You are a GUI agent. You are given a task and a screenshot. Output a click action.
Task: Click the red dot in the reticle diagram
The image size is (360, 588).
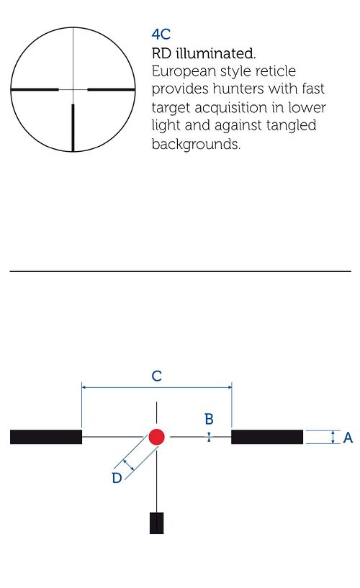point(156,437)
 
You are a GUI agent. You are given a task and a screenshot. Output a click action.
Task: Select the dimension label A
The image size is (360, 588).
point(348,438)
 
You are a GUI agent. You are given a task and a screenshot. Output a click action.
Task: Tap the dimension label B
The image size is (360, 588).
point(209,419)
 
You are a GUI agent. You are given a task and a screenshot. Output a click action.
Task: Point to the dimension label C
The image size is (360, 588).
point(157,376)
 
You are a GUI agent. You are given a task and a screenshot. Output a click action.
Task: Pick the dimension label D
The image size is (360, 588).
point(117,478)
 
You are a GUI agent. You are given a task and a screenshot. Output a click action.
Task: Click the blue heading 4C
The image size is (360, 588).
point(161,35)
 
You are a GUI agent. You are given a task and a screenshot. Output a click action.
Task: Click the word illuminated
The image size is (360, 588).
point(215,53)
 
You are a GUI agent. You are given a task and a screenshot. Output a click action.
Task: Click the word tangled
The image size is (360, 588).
point(291,125)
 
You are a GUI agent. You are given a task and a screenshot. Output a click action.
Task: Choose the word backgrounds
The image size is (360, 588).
point(196,144)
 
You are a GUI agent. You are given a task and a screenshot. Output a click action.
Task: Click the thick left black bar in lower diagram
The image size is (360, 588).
point(46,438)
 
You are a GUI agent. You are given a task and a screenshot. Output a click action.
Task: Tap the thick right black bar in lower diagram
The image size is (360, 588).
point(267,438)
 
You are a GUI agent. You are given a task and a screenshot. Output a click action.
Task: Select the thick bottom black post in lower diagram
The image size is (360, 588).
point(156,523)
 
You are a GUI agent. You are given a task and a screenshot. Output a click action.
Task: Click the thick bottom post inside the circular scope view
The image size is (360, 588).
point(73,127)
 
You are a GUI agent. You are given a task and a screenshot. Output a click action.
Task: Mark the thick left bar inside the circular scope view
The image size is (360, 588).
point(35,90)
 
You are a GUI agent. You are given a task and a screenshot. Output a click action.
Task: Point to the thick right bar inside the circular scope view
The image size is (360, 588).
point(111,90)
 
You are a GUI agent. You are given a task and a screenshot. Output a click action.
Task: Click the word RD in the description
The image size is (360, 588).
point(161,53)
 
